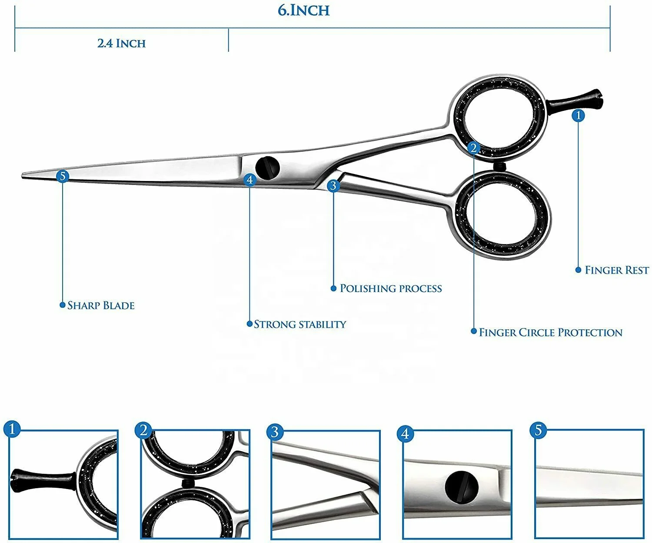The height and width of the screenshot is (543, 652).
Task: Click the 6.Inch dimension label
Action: coord(304,10)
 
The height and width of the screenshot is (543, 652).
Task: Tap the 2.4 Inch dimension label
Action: coord(121,43)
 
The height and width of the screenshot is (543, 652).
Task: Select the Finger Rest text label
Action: coord(616,270)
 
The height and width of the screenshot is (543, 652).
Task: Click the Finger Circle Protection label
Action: coord(550,333)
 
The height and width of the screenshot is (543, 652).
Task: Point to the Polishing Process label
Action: coord(390,288)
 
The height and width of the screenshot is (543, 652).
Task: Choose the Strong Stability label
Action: coord(299,324)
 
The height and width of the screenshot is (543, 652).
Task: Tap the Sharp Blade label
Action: coord(101,305)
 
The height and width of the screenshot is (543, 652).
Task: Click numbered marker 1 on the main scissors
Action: coord(578,115)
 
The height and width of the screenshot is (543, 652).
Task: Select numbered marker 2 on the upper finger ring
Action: coord(474,148)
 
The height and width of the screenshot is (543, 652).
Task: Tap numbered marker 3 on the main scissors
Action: coord(333,186)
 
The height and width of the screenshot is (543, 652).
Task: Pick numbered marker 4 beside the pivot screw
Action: coord(249,179)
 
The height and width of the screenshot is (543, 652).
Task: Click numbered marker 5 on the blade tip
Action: coord(63,176)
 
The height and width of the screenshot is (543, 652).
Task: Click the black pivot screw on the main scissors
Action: coord(267,167)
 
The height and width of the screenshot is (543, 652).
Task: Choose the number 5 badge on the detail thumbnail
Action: coord(538,430)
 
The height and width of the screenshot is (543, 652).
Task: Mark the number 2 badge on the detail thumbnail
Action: coord(143,431)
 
